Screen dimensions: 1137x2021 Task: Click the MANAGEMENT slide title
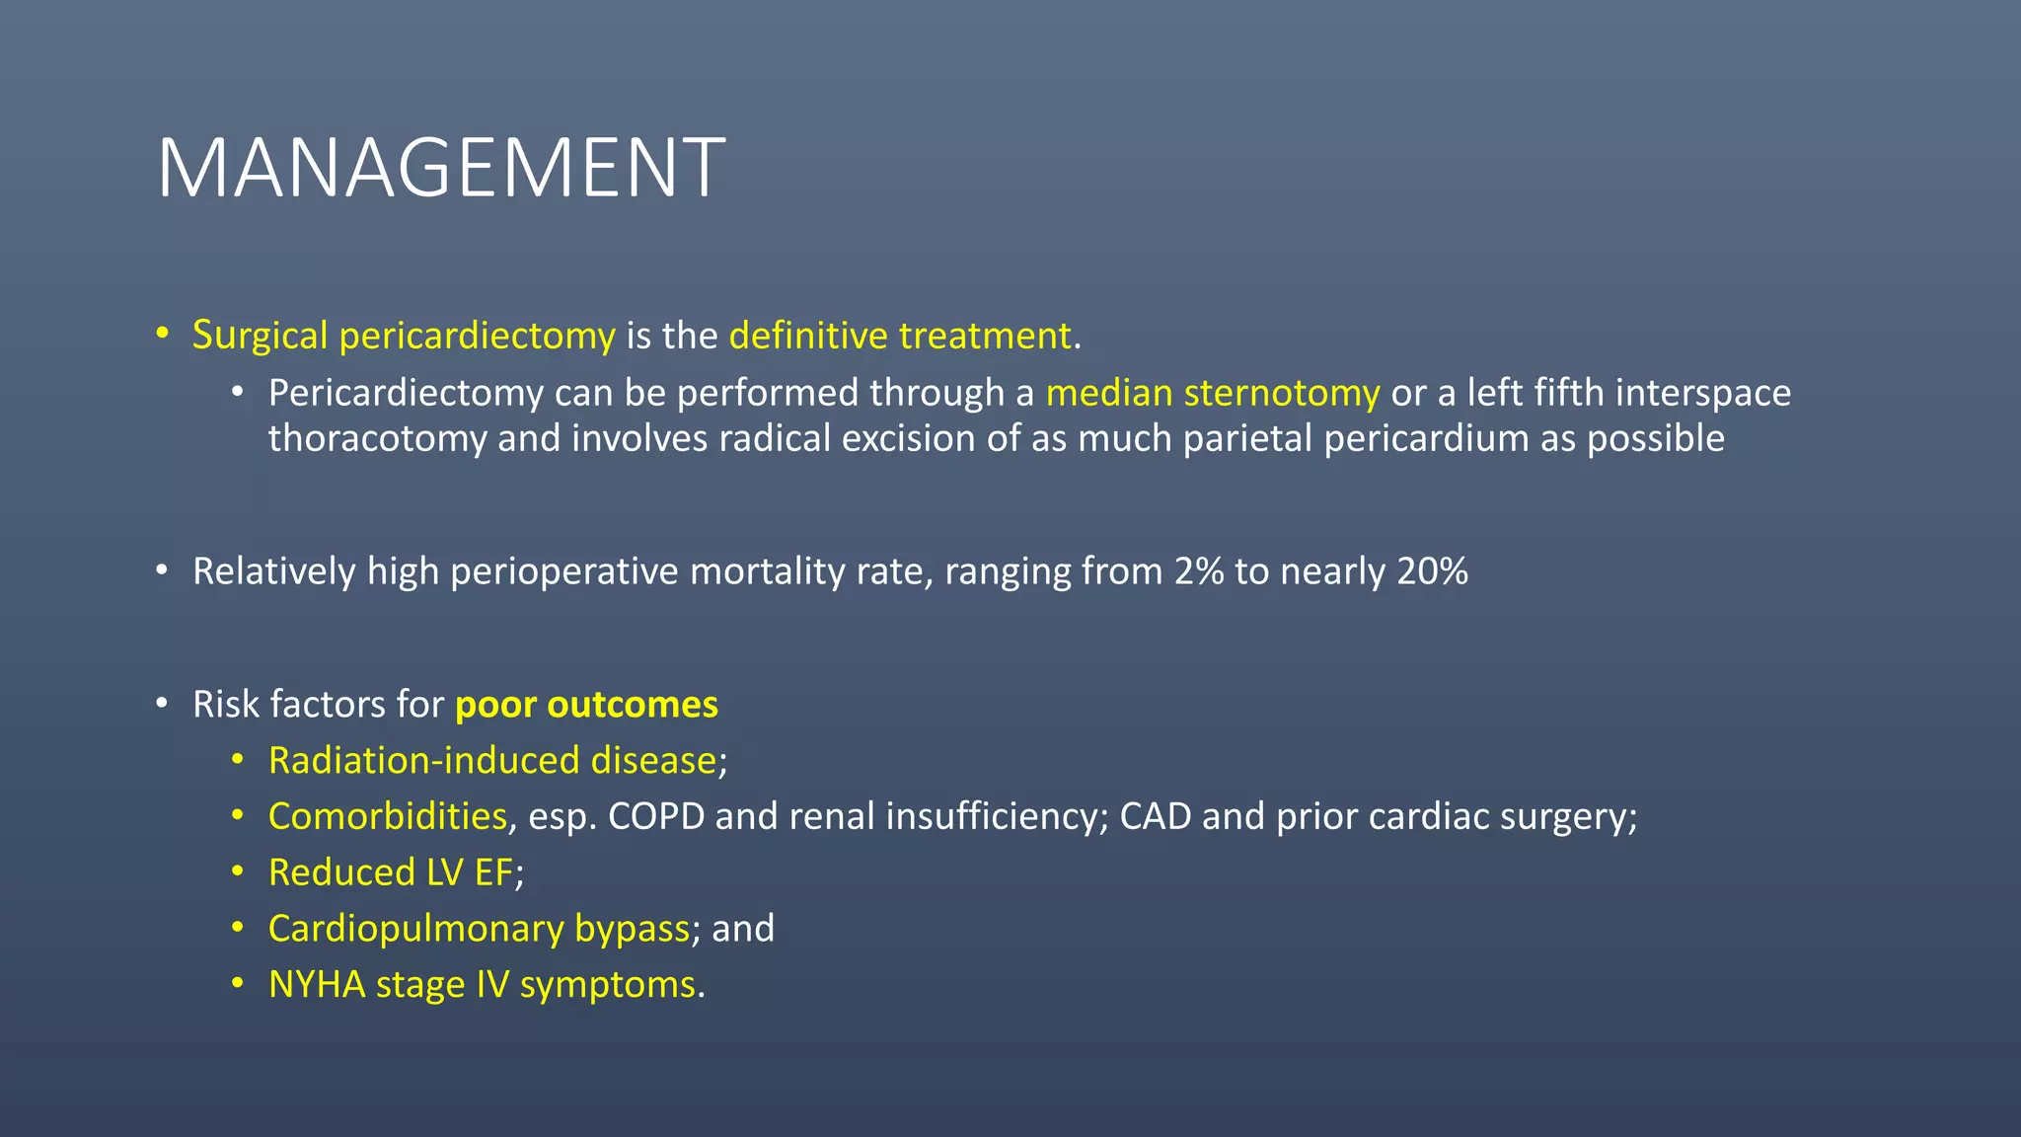pos(441,168)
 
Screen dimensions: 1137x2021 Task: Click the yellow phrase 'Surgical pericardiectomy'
pos(404,336)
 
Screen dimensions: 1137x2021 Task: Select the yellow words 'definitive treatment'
pos(900,336)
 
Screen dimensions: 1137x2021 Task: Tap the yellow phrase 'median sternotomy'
pos(1212,393)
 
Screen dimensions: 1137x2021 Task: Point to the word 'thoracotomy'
pos(377,438)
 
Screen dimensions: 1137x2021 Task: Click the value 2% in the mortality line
pos(1199,571)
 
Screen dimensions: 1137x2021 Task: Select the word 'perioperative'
pos(563,571)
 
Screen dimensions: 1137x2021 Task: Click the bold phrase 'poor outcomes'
pos(586,705)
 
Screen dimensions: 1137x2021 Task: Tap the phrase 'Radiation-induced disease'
pos(492,761)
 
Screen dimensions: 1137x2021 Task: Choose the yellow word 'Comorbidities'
pos(388,816)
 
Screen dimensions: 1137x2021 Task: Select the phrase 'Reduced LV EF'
pos(391,872)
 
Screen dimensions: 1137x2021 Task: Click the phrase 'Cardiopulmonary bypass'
pos(479,929)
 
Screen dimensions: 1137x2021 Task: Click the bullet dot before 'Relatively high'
pos(162,570)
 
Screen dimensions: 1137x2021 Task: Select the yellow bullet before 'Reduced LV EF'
pos(237,872)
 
